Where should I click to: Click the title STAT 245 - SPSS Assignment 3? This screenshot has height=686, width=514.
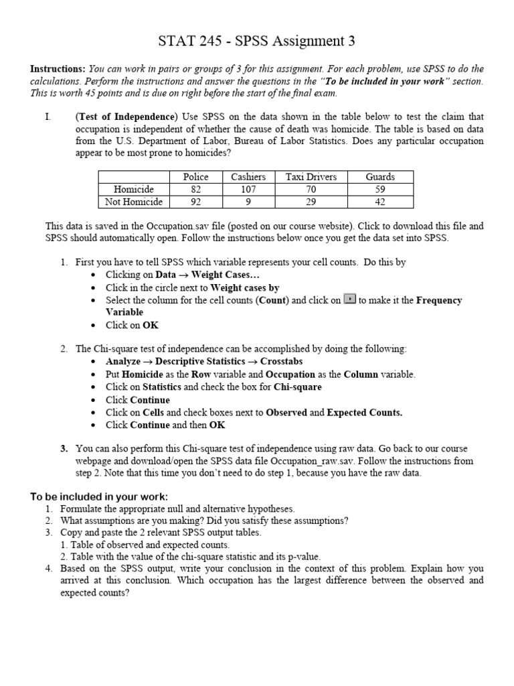point(257,42)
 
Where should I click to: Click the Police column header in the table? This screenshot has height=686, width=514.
point(195,177)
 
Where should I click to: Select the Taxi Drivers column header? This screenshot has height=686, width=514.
point(311,177)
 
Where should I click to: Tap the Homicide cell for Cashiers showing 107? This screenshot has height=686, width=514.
point(248,189)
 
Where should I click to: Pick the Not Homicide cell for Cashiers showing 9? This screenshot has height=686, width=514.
point(248,201)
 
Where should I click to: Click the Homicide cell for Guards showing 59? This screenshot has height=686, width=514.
point(380,189)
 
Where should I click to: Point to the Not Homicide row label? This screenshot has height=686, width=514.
point(134,201)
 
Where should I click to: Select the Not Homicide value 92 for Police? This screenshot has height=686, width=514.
point(195,201)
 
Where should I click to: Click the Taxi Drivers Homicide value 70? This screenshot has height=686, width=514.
point(311,189)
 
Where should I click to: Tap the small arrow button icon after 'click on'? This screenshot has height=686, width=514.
point(349,299)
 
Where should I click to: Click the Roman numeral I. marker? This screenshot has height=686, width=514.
point(48,117)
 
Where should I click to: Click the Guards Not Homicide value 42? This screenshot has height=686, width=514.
point(380,201)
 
